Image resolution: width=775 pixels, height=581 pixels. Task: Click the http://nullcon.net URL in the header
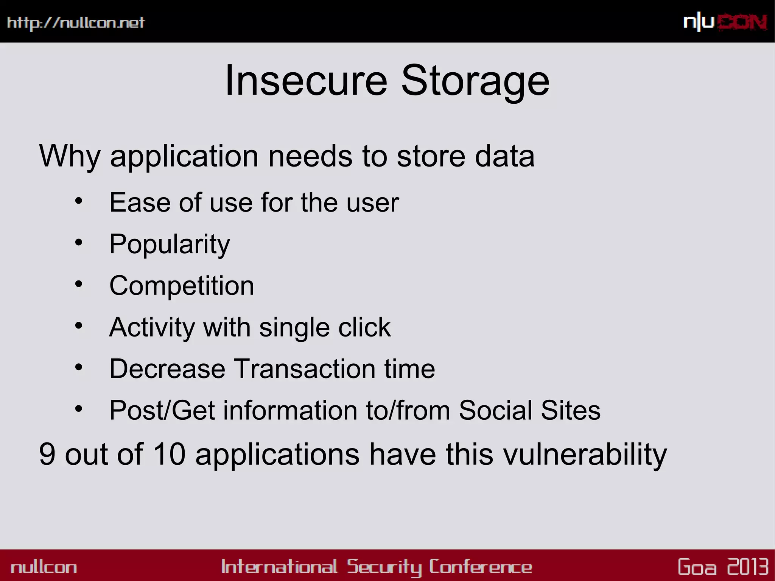76,23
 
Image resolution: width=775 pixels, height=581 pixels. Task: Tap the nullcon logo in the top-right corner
725,22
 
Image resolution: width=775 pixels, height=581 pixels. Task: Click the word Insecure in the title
306,81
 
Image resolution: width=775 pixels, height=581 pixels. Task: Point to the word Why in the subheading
70,156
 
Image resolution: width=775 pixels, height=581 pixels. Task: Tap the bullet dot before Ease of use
78,201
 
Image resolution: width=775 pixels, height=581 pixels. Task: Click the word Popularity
170,244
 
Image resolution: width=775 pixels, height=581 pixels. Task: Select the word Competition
182,285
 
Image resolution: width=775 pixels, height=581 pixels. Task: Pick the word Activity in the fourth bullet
152,327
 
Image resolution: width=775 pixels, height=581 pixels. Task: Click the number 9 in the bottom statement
47,454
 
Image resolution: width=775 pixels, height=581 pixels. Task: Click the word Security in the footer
384,567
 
